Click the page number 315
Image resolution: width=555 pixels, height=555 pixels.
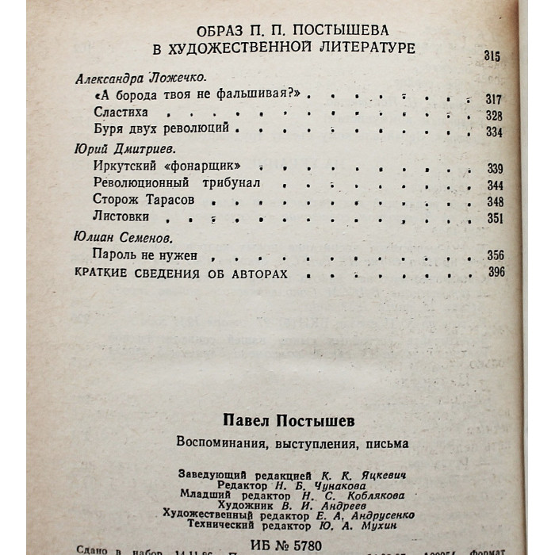pos(492,56)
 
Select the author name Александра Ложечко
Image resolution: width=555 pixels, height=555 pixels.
pos(140,78)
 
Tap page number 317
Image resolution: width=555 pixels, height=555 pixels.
pos(495,98)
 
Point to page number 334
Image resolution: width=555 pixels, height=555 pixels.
pos(495,132)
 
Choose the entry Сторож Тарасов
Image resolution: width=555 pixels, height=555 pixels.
pos(144,201)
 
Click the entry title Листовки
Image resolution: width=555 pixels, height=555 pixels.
pos(117,217)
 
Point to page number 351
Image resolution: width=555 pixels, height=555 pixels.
pos(495,219)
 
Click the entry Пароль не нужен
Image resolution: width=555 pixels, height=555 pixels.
pos(144,255)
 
